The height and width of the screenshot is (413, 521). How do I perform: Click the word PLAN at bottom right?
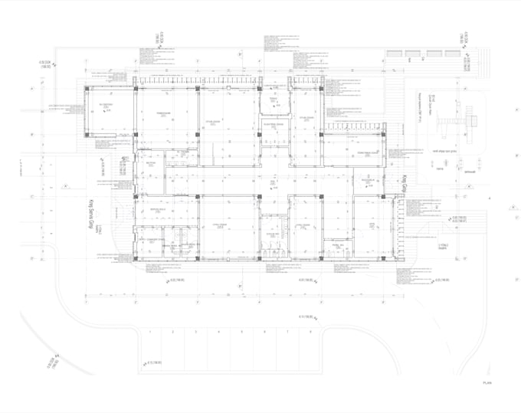486,382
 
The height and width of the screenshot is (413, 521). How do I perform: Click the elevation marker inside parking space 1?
146,363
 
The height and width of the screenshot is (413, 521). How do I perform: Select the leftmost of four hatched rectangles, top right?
395,54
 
